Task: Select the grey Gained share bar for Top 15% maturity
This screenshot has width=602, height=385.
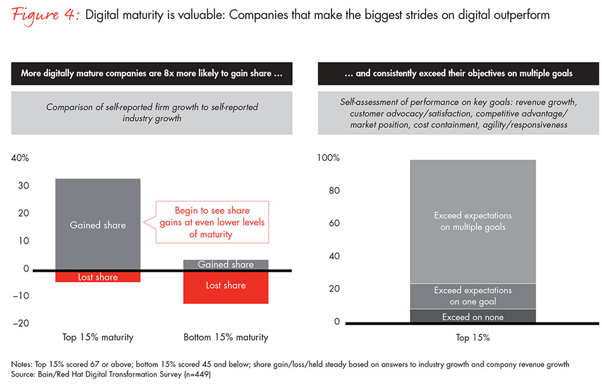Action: click(x=98, y=224)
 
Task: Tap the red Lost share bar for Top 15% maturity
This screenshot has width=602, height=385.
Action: click(x=98, y=277)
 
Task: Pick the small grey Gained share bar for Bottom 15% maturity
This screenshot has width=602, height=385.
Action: click(x=226, y=265)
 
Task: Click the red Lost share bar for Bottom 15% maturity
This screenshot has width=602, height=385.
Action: click(x=226, y=286)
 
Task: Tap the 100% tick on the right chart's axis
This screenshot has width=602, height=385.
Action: click(x=328, y=158)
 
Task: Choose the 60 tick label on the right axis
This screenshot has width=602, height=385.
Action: click(x=333, y=224)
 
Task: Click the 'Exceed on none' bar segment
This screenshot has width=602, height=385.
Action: click(x=473, y=317)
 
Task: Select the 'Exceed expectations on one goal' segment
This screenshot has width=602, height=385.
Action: click(x=473, y=296)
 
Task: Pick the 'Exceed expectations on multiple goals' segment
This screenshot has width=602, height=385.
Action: click(x=473, y=221)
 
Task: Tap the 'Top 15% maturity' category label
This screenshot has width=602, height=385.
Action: click(x=98, y=337)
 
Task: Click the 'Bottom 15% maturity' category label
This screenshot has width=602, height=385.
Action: click(x=226, y=337)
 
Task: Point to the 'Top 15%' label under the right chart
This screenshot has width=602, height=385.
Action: click(x=472, y=338)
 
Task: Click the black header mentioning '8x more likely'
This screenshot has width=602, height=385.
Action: click(x=151, y=73)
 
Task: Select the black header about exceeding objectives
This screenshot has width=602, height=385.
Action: click(x=458, y=73)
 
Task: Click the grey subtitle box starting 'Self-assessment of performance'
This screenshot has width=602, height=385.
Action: click(x=458, y=113)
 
